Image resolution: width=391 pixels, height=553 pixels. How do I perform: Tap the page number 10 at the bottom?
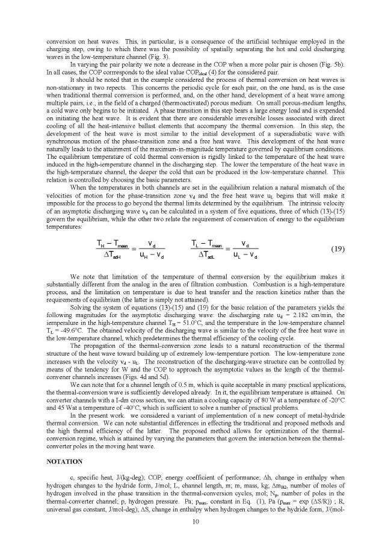pos(195,522)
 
